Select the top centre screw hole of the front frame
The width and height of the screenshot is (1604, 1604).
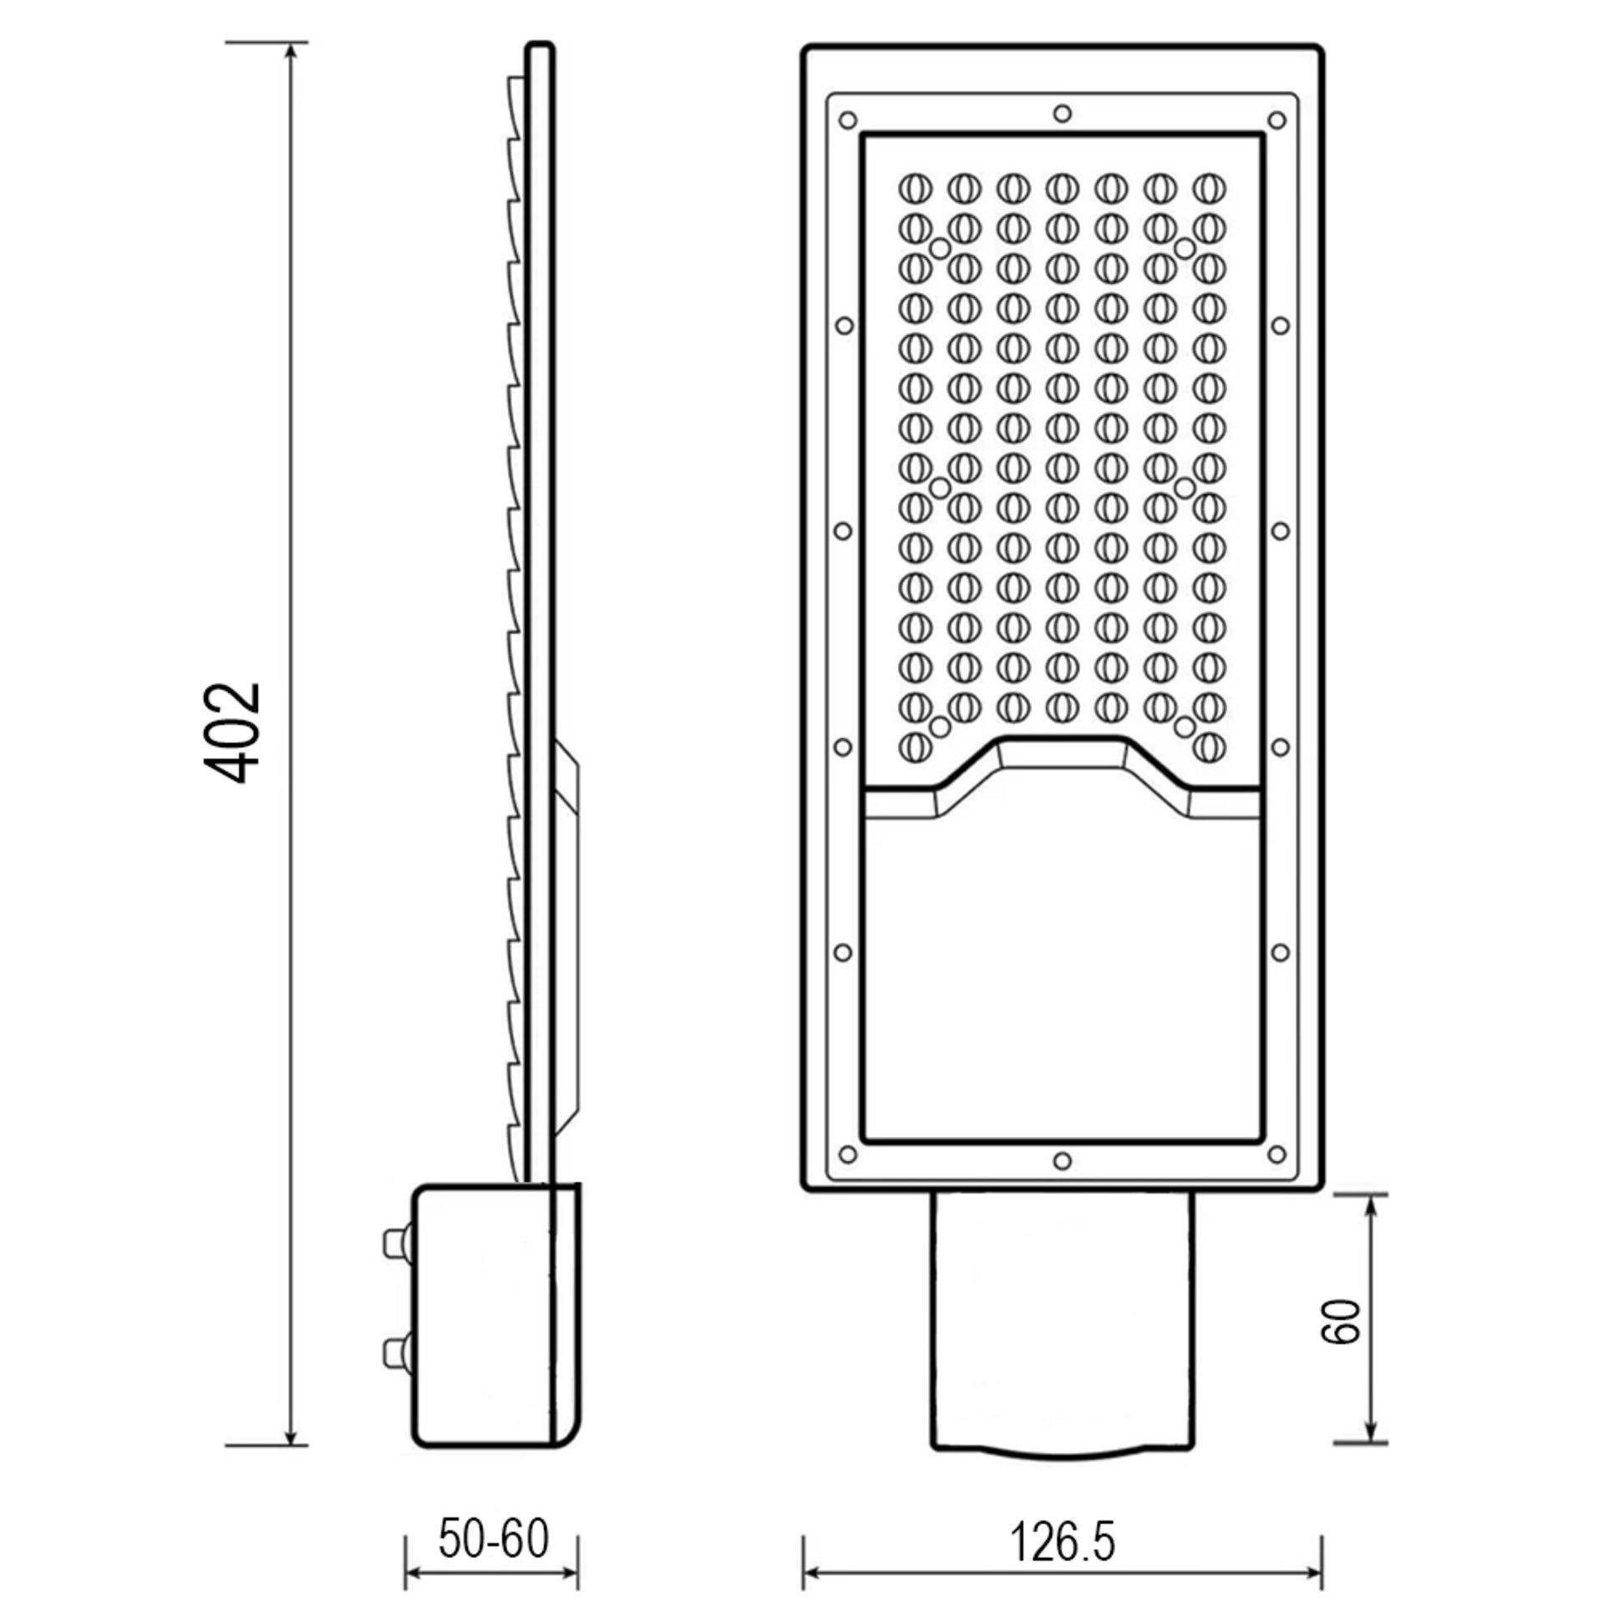click(x=1062, y=113)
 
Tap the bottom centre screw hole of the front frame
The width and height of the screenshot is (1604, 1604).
click(x=1062, y=1160)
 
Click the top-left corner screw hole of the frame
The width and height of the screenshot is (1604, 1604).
click(x=848, y=119)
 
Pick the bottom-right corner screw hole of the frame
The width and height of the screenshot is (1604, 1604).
click(x=1276, y=1154)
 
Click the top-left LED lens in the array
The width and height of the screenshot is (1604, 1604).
click(x=915, y=188)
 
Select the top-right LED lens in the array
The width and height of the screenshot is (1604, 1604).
click(x=1209, y=188)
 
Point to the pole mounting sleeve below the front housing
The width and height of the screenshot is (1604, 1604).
click(x=1062, y=1328)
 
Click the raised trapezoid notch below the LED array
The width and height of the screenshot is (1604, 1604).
click(x=1062, y=756)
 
